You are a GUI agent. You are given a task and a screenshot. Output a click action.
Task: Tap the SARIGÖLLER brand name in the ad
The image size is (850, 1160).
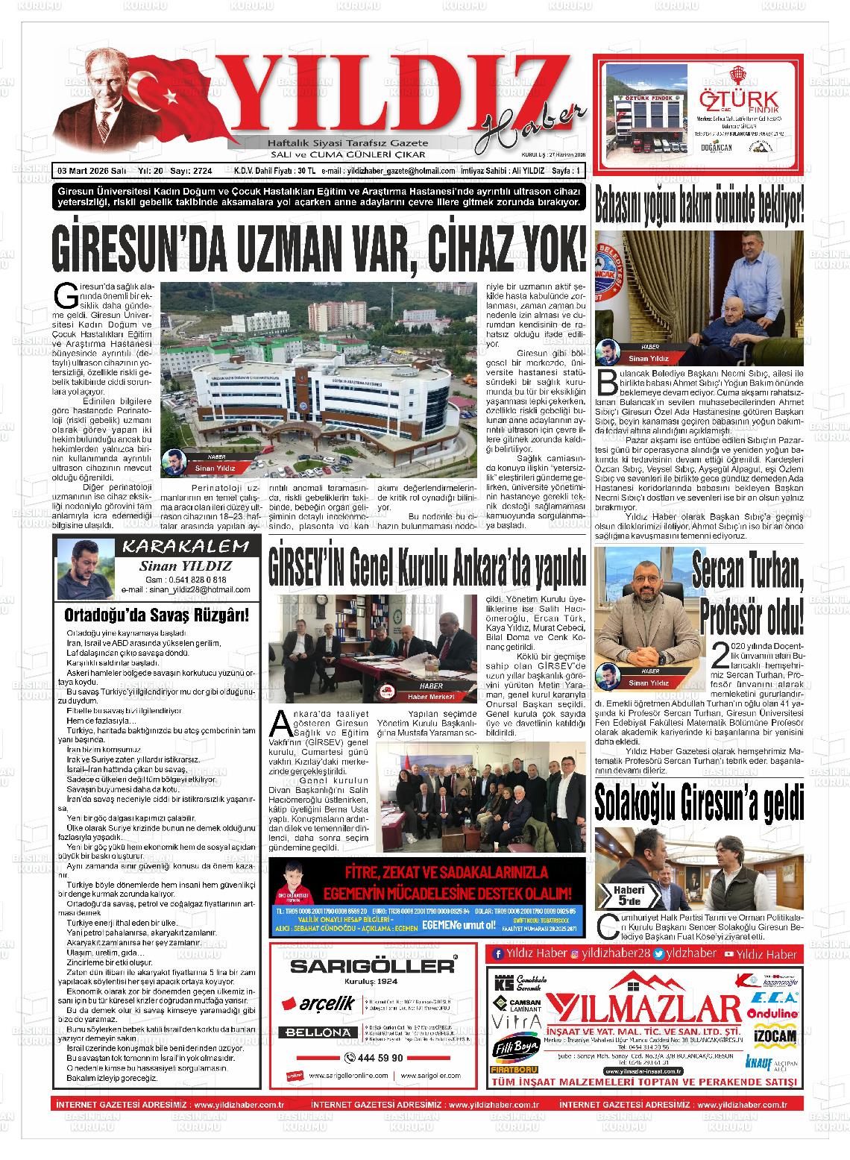click(372, 965)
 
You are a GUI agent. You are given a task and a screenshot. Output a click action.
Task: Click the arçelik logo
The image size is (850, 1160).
click(318, 1003)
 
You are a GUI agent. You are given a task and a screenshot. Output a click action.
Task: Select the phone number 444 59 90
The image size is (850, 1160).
click(377, 1057)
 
